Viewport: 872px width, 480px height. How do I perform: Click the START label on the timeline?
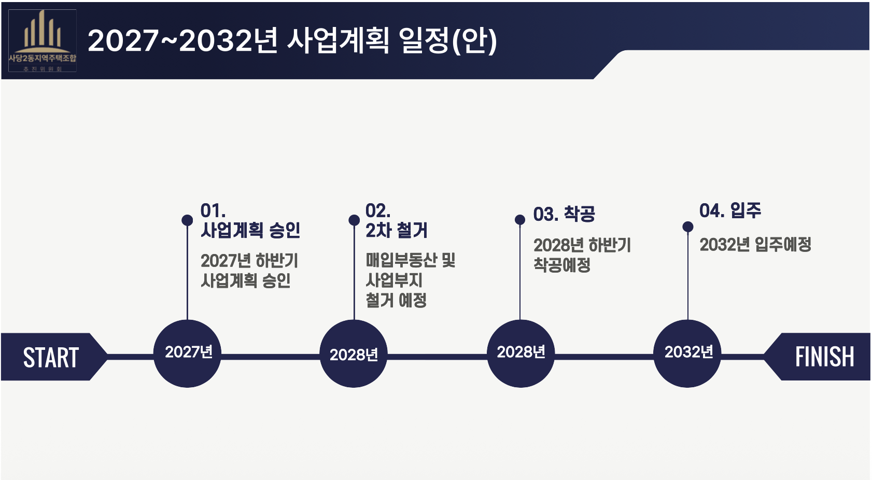pyautogui.click(x=51, y=357)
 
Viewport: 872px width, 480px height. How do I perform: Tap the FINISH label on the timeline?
pyautogui.click(x=824, y=357)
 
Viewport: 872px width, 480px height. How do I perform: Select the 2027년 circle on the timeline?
pyautogui.click(x=188, y=353)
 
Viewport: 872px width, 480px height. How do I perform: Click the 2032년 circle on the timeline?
pyautogui.click(x=687, y=353)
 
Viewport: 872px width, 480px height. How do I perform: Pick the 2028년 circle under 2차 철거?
pyautogui.click(x=354, y=354)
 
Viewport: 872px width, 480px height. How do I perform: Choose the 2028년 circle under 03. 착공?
pyautogui.click(x=521, y=353)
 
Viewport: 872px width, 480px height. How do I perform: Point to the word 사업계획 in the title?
pyautogui.click(x=337, y=40)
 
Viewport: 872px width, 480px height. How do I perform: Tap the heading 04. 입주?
pyautogui.click(x=730, y=210)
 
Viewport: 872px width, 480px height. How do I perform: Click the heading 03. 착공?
pyautogui.click(x=564, y=214)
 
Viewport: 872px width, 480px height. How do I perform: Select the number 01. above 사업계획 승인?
pyautogui.click(x=213, y=211)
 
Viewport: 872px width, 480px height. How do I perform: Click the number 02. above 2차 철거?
pyautogui.click(x=378, y=211)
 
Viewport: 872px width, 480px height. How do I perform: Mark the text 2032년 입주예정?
pyautogui.click(x=755, y=244)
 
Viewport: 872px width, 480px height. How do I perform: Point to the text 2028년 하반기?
pyautogui.click(x=582, y=245)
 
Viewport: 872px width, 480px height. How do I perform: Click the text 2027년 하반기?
pyautogui.click(x=249, y=260)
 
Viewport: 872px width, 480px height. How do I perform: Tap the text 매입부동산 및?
pyautogui.click(x=410, y=260)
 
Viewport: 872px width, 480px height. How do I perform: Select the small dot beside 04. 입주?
pyautogui.click(x=688, y=227)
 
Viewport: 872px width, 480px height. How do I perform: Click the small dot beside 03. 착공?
pyautogui.click(x=520, y=220)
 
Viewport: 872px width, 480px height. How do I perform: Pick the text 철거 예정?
pyautogui.click(x=396, y=300)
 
